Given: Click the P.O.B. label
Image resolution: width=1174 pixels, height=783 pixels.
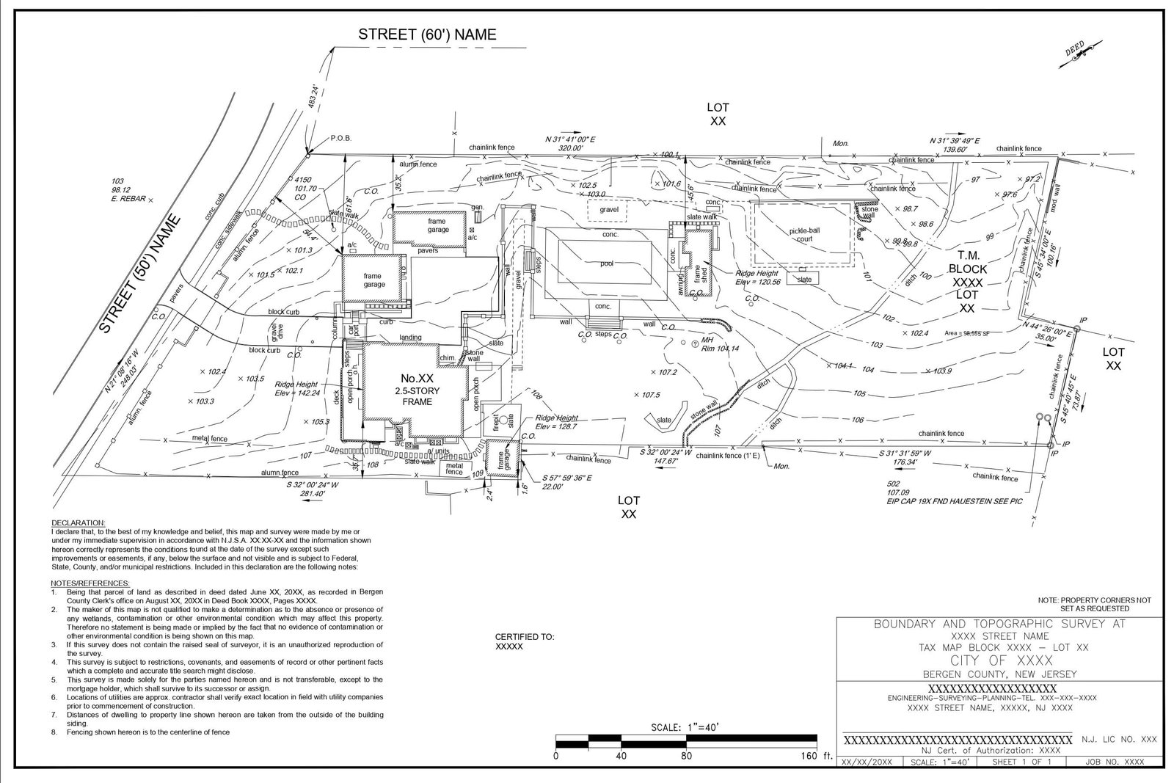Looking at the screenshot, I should pyautogui.click(x=341, y=138).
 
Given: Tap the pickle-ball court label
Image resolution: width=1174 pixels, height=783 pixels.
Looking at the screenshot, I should pyautogui.click(x=804, y=234).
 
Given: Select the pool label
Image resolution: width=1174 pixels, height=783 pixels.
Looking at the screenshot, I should pyautogui.click(x=606, y=263).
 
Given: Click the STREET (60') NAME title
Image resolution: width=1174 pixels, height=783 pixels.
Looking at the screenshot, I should pyautogui.click(x=427, y=34).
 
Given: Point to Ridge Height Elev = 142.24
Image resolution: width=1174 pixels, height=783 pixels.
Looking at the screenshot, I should pyautogui.click(x=296, y=388).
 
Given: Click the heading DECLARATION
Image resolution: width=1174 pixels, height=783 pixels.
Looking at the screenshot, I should pyautogui.click(x=79, y=522).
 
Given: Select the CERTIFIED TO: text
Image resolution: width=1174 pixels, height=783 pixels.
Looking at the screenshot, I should pyautogui.click(x=525, y=637).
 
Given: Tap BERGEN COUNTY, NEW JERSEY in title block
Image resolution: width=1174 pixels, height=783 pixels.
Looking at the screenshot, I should pyautogui.click(x=999, y=674).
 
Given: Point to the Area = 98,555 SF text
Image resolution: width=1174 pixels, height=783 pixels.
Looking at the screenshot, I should pyautogui.click(x=967, y=333).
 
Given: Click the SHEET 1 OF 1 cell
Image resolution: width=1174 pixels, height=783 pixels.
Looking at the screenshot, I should pyautogui.click(x=1021, y=762).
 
